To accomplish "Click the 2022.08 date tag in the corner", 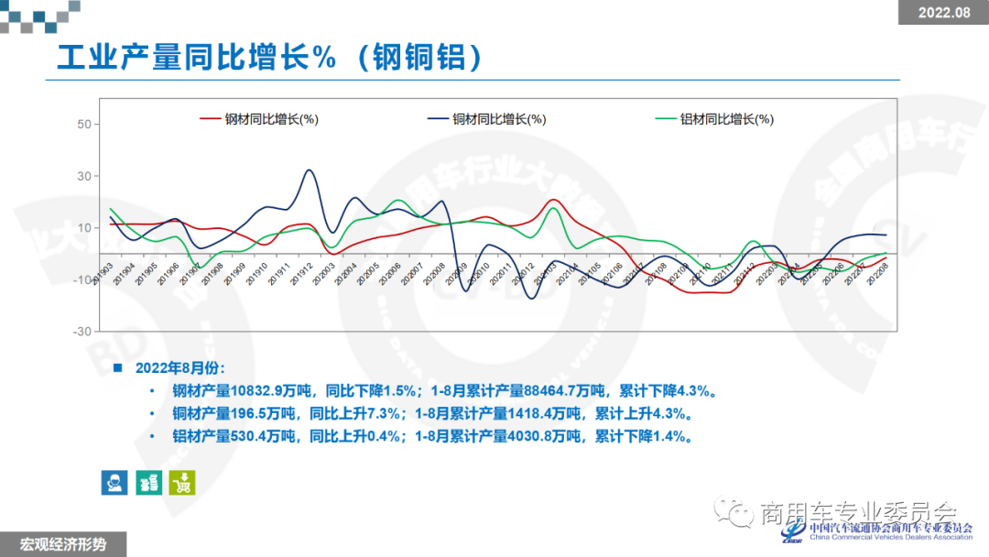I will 943,12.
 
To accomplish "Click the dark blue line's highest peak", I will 310,170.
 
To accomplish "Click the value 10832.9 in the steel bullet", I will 265,391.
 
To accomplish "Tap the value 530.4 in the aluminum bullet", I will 255,437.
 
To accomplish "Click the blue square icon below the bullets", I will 114,482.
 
